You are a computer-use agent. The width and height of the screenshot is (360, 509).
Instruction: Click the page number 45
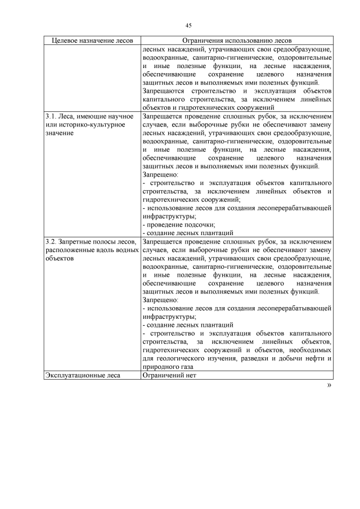pos(188,25)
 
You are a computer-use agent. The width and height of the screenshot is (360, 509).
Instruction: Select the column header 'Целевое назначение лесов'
pos(92,41)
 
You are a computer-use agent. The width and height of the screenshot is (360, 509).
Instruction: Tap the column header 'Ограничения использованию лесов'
pos(237,41)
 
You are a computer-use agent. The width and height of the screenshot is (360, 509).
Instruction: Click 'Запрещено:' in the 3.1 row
pos(160,174)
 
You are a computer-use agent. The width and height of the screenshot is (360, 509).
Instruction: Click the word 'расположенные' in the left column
pos(70,250)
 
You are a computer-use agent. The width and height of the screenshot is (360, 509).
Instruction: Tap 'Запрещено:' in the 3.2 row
pos(160,300)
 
